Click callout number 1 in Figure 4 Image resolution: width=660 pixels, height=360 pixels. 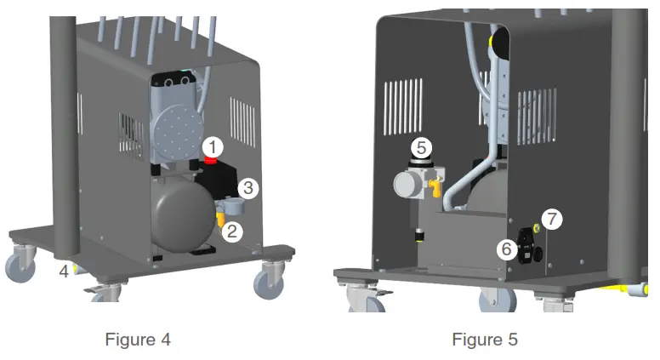click(x=216, y=146)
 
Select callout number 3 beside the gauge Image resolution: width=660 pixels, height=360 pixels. click(x=248, y=186)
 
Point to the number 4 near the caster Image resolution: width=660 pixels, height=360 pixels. click(x=64, y=273)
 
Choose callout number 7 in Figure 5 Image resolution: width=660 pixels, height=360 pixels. click(x=553, y=219)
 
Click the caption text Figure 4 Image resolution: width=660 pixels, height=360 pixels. click(x=138, y=339)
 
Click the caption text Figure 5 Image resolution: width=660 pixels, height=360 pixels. click(x=484, y=339)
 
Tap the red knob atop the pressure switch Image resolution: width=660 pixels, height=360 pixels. click(x=212, y=162)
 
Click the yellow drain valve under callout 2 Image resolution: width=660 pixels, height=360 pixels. click(x=222, y=223)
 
